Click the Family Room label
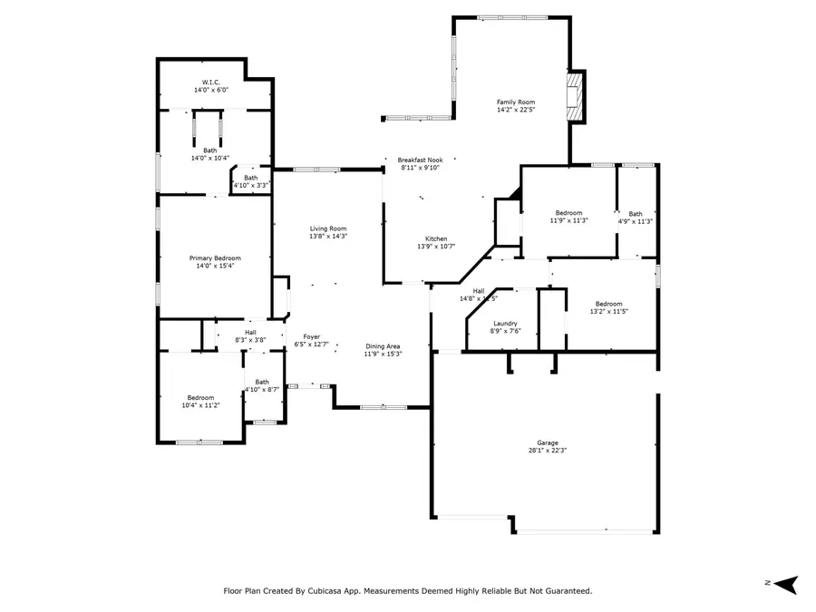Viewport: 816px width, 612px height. click(516, 102)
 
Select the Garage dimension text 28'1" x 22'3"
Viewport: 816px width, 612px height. click(548, 450)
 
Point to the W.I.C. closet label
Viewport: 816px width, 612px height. click(211, 83)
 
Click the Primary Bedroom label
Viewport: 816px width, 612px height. click(215, 258)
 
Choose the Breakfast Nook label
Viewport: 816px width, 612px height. click(420, 160)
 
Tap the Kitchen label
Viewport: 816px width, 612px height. click(436, 238)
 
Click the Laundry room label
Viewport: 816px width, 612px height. click(505, 324)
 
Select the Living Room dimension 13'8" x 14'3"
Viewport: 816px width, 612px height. click(328, 236)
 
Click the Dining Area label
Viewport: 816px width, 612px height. click(383, 346)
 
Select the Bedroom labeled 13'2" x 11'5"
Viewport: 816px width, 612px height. click(608, 304)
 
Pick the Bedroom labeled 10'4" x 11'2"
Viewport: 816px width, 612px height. click(200, 398)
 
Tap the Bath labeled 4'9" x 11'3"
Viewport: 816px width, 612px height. click(636, 214)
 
